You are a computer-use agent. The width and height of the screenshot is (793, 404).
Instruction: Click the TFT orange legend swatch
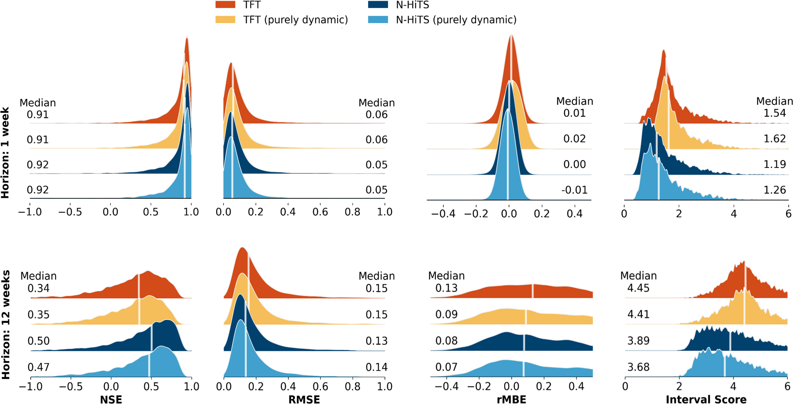[225, 4]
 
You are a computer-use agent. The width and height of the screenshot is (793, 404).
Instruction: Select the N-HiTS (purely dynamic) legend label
[456, 20]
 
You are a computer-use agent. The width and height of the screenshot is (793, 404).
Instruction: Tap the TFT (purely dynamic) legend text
[295, 20]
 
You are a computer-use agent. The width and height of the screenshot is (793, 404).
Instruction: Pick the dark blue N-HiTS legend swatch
[378, 4]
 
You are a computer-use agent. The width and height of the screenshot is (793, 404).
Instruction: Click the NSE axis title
[111, 399]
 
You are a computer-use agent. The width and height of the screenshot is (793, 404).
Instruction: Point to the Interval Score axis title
[706, 399]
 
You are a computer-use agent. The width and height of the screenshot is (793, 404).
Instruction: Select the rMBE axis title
[511, 399]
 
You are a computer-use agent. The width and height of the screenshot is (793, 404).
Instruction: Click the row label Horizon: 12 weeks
[6, 325]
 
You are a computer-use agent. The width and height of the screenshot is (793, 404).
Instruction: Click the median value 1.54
[775, 113]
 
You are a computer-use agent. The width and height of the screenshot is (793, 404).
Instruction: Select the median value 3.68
[638, 367]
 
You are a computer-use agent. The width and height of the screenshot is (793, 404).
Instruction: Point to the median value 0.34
[39, 288]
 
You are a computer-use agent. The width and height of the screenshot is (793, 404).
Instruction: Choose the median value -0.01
[574, 190]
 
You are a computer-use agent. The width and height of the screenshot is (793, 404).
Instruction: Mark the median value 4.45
[638, 288]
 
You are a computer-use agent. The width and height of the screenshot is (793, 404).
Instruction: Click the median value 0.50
[39, 341]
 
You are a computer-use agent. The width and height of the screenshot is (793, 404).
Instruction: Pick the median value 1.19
[775, 164]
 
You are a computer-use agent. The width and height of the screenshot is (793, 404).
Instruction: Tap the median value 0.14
[377, 367]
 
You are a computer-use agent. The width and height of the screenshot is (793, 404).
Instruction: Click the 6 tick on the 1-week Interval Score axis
[788, 214]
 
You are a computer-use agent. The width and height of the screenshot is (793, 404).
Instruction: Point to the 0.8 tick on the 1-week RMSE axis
[352, 212]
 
